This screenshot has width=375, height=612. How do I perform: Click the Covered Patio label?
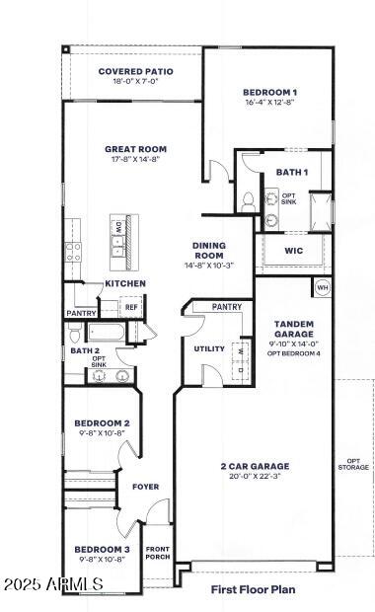(x=135, y=72)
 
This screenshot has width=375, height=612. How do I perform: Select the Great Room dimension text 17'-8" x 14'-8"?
(x=132, y=159)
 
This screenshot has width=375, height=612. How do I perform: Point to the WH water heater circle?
(x=322, y=287)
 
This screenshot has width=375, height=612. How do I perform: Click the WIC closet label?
(x=293, y=250)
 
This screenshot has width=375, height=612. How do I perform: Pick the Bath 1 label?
(x=291, y=172)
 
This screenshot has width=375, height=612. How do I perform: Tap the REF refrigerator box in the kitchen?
(x=131, y=308)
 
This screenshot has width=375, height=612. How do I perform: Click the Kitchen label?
(x=125, y=284)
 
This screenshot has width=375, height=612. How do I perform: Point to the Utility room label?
(x=209, y=348)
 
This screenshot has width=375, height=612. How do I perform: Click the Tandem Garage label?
(x=293, y=329)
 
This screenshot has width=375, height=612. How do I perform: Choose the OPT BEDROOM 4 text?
(x=294, y=352)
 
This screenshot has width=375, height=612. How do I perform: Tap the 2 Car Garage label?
(x=255, y=465)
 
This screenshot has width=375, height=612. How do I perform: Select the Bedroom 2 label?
(x=103, y=423)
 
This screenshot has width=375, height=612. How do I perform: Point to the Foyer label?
(x=145, y=487)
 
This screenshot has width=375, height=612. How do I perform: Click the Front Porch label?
(x=158, y=554)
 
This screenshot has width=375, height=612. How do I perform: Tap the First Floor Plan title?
(x=253, y=589)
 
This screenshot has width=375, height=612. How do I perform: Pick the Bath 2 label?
(x=85, y=350)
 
